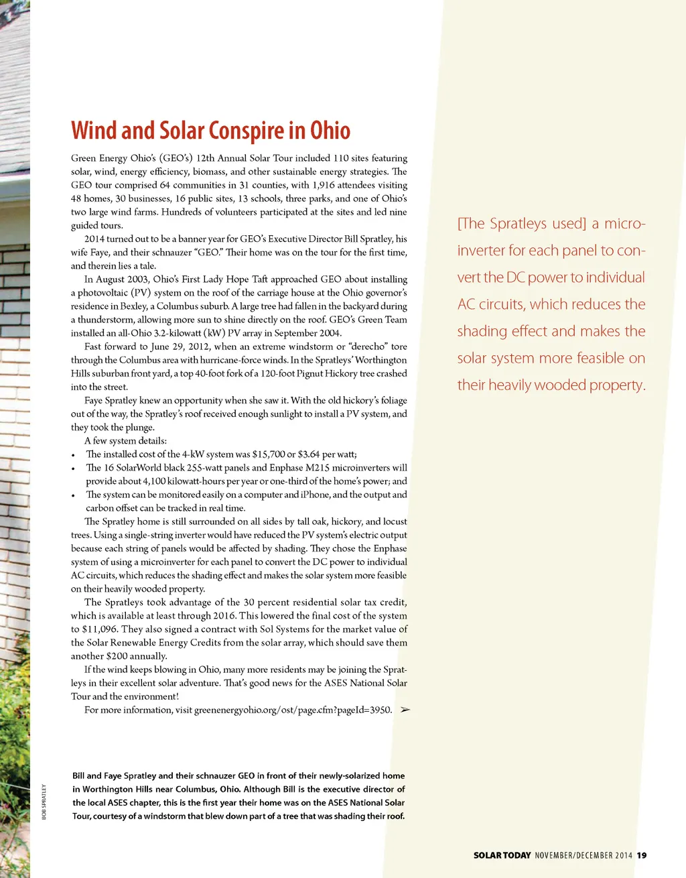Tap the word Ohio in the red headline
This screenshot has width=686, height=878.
pyautogui.click(x=330, y=131)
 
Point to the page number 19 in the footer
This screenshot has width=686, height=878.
pyautogui.click(x=642, y=855)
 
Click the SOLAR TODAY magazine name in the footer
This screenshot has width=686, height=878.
pyautogui.click(x=502, y=855)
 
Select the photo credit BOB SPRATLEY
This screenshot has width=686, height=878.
pyautogui.click(x=44, y=802)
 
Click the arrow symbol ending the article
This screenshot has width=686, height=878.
pyautogui.click(x=405, y=710)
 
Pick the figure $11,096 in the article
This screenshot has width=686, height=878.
pyautogui.click(x=100, y=629)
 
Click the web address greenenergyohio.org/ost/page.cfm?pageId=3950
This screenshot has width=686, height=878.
pyautogui.click(x=293, y=710)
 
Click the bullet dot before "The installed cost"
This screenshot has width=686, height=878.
pyautogui.click(x=73, y=455)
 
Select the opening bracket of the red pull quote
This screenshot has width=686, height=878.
pyautogui.click(x=460, y=224)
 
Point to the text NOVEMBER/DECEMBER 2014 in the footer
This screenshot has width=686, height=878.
pyautogui.click(x=584, y=855)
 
